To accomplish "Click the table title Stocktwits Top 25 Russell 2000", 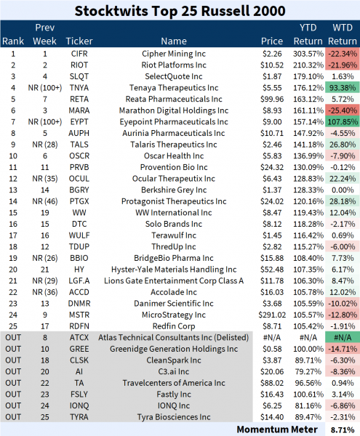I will tap(180, 12).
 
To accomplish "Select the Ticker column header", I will tap(79, 41).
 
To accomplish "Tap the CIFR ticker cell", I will tap(79, 53).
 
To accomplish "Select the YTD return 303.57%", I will tap(306, 53).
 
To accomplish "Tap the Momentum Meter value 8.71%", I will tap(341, 430).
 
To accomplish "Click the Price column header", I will tap(272, 41).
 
